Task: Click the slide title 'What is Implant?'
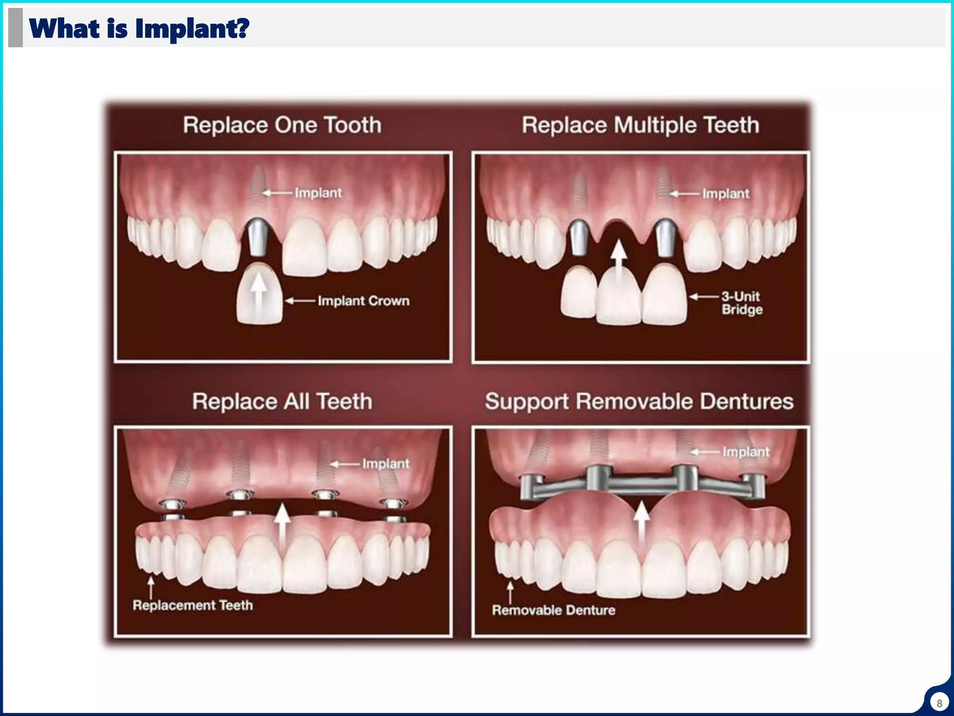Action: pos(139,28)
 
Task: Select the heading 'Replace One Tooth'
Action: pos(282,125)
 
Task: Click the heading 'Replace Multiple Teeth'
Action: pos(640,125)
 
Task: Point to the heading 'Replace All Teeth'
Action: pos(282,401)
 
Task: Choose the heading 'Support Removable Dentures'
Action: pos(639,401)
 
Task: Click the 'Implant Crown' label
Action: pos(363,301)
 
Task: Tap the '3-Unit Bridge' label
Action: pos(742,303)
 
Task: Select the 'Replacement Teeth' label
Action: pos(193,605)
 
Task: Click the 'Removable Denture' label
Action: pos(553,610)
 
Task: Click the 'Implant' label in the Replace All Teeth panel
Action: pos(386,464)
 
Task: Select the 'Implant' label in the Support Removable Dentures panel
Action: pos(745,452)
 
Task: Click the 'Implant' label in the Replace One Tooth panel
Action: pos(318,193)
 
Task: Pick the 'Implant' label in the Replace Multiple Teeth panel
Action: pos(726,193)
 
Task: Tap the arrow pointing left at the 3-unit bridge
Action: pos(703,296)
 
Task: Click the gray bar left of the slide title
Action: pos(15,28)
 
